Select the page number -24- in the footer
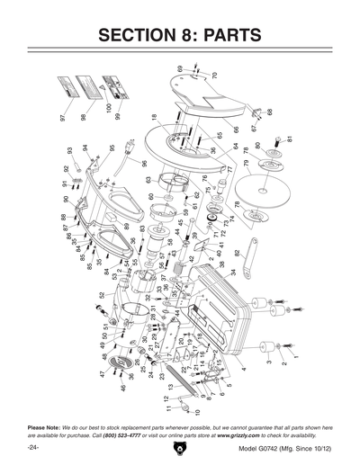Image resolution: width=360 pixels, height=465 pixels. [x=33, y=447]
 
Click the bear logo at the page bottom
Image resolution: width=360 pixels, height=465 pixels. [x=180, y=446]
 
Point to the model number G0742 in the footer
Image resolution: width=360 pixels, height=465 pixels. [x=277, y=447]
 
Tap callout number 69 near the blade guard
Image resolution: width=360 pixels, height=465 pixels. [x=180, y=68]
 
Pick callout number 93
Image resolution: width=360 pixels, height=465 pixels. [x=69, y=150]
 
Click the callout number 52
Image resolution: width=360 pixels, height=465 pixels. [x=102, y=294]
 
